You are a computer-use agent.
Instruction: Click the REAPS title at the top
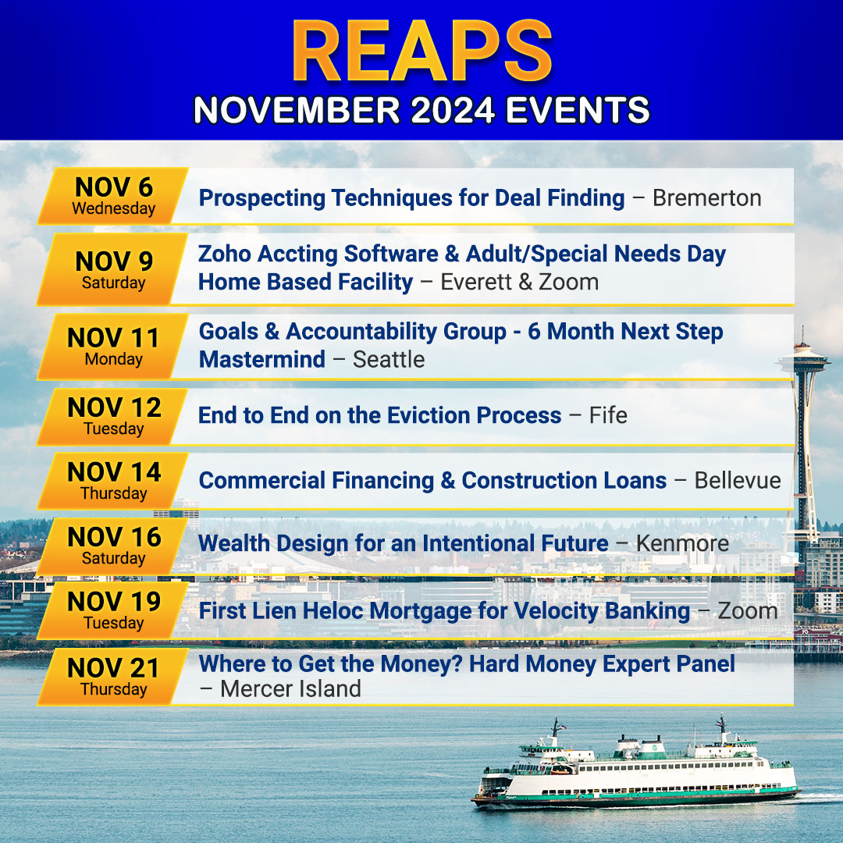(x=422, y=51)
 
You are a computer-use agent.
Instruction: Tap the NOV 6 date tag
(x=113, y=196)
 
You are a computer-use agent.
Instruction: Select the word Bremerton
(x=707, y=197)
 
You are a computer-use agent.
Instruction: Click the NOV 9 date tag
(x=113, y=269)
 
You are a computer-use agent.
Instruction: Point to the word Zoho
(x=224, y=254)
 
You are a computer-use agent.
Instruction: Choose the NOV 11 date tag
(x=113, y=347)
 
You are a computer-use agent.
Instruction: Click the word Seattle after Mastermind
(x=389, y=360)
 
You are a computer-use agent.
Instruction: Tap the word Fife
(x=608, y=415)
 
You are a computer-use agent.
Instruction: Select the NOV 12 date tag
(x=113, y=417)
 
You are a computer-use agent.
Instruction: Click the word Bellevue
(x=738, y=481)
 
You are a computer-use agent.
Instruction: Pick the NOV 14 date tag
(x=113, y=481)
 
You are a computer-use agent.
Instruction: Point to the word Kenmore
(x=682, y=543)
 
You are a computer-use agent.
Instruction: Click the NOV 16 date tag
(x=113, y=546)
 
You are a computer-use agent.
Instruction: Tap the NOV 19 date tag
(x=113, y=610)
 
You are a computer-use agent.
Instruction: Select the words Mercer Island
(x=291, y=689)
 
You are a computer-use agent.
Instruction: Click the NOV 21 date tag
(x=113, y=677)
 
